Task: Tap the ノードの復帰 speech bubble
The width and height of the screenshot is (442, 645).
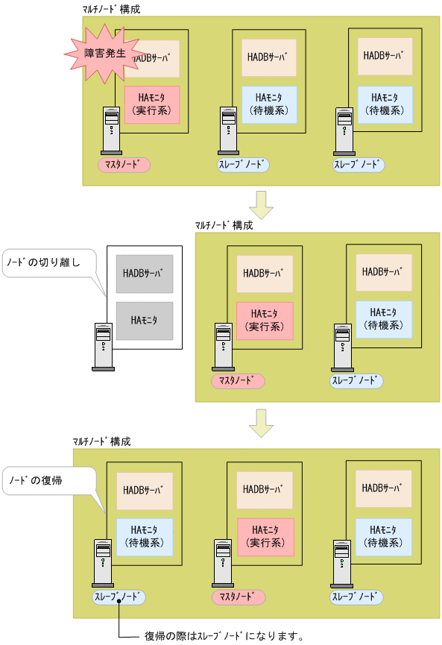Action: (49, 482)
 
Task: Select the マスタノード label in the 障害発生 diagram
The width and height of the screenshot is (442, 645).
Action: (124, 165)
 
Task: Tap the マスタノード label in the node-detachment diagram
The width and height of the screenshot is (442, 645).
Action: (238, 381)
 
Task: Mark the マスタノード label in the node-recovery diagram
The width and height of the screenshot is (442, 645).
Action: (239, 597)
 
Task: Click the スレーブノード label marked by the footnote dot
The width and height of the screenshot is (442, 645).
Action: (119, 597)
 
